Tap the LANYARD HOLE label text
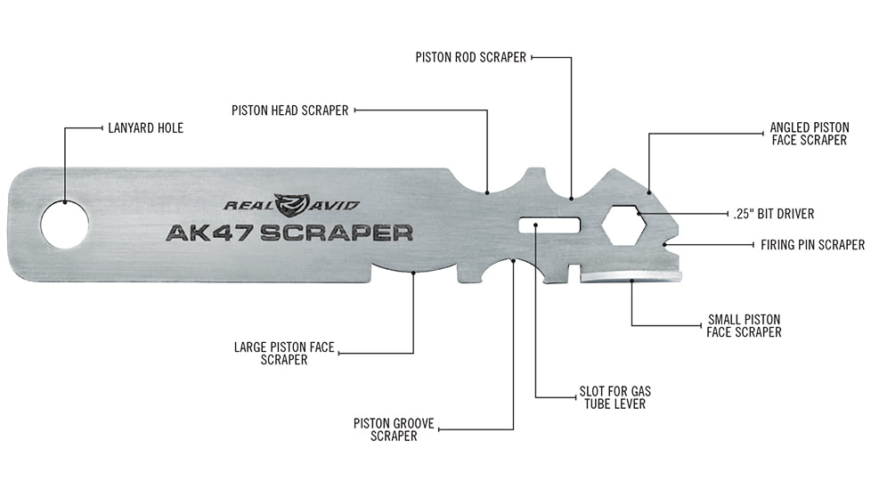coord(145,128)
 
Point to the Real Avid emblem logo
coord(292,205)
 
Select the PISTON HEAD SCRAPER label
coord(289,110)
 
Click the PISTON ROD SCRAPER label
coord(471,57)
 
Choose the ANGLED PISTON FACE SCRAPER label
coord(809,134)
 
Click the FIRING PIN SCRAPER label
coord(811,244)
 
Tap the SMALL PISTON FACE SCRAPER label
coord(744,325)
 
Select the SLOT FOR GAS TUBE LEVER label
coord(610,397)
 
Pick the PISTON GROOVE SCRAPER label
coord(393,429)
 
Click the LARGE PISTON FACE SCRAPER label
coord(284,353)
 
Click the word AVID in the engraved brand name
coord(337,205)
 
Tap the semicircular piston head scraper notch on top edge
coord(487,183)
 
